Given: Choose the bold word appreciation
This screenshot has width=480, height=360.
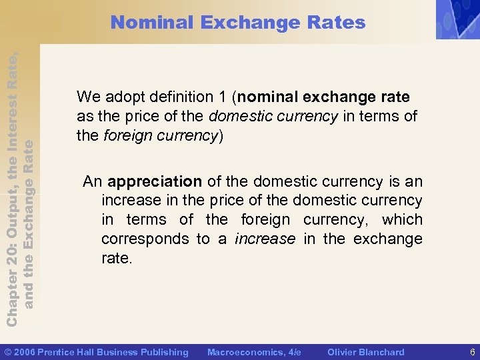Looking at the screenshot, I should click(x=155, y=181).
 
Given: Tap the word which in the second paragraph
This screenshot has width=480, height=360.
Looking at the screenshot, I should click(x=402, y=219).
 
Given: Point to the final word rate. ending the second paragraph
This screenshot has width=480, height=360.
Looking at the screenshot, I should click(x=117, y=258).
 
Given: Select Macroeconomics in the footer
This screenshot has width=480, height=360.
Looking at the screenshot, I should click(x=244, y=352).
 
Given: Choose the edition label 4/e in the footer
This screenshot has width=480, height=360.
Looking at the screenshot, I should click(x=293, y=352).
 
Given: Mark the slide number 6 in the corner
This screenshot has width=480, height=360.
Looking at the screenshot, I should click(x=472, y=352).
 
